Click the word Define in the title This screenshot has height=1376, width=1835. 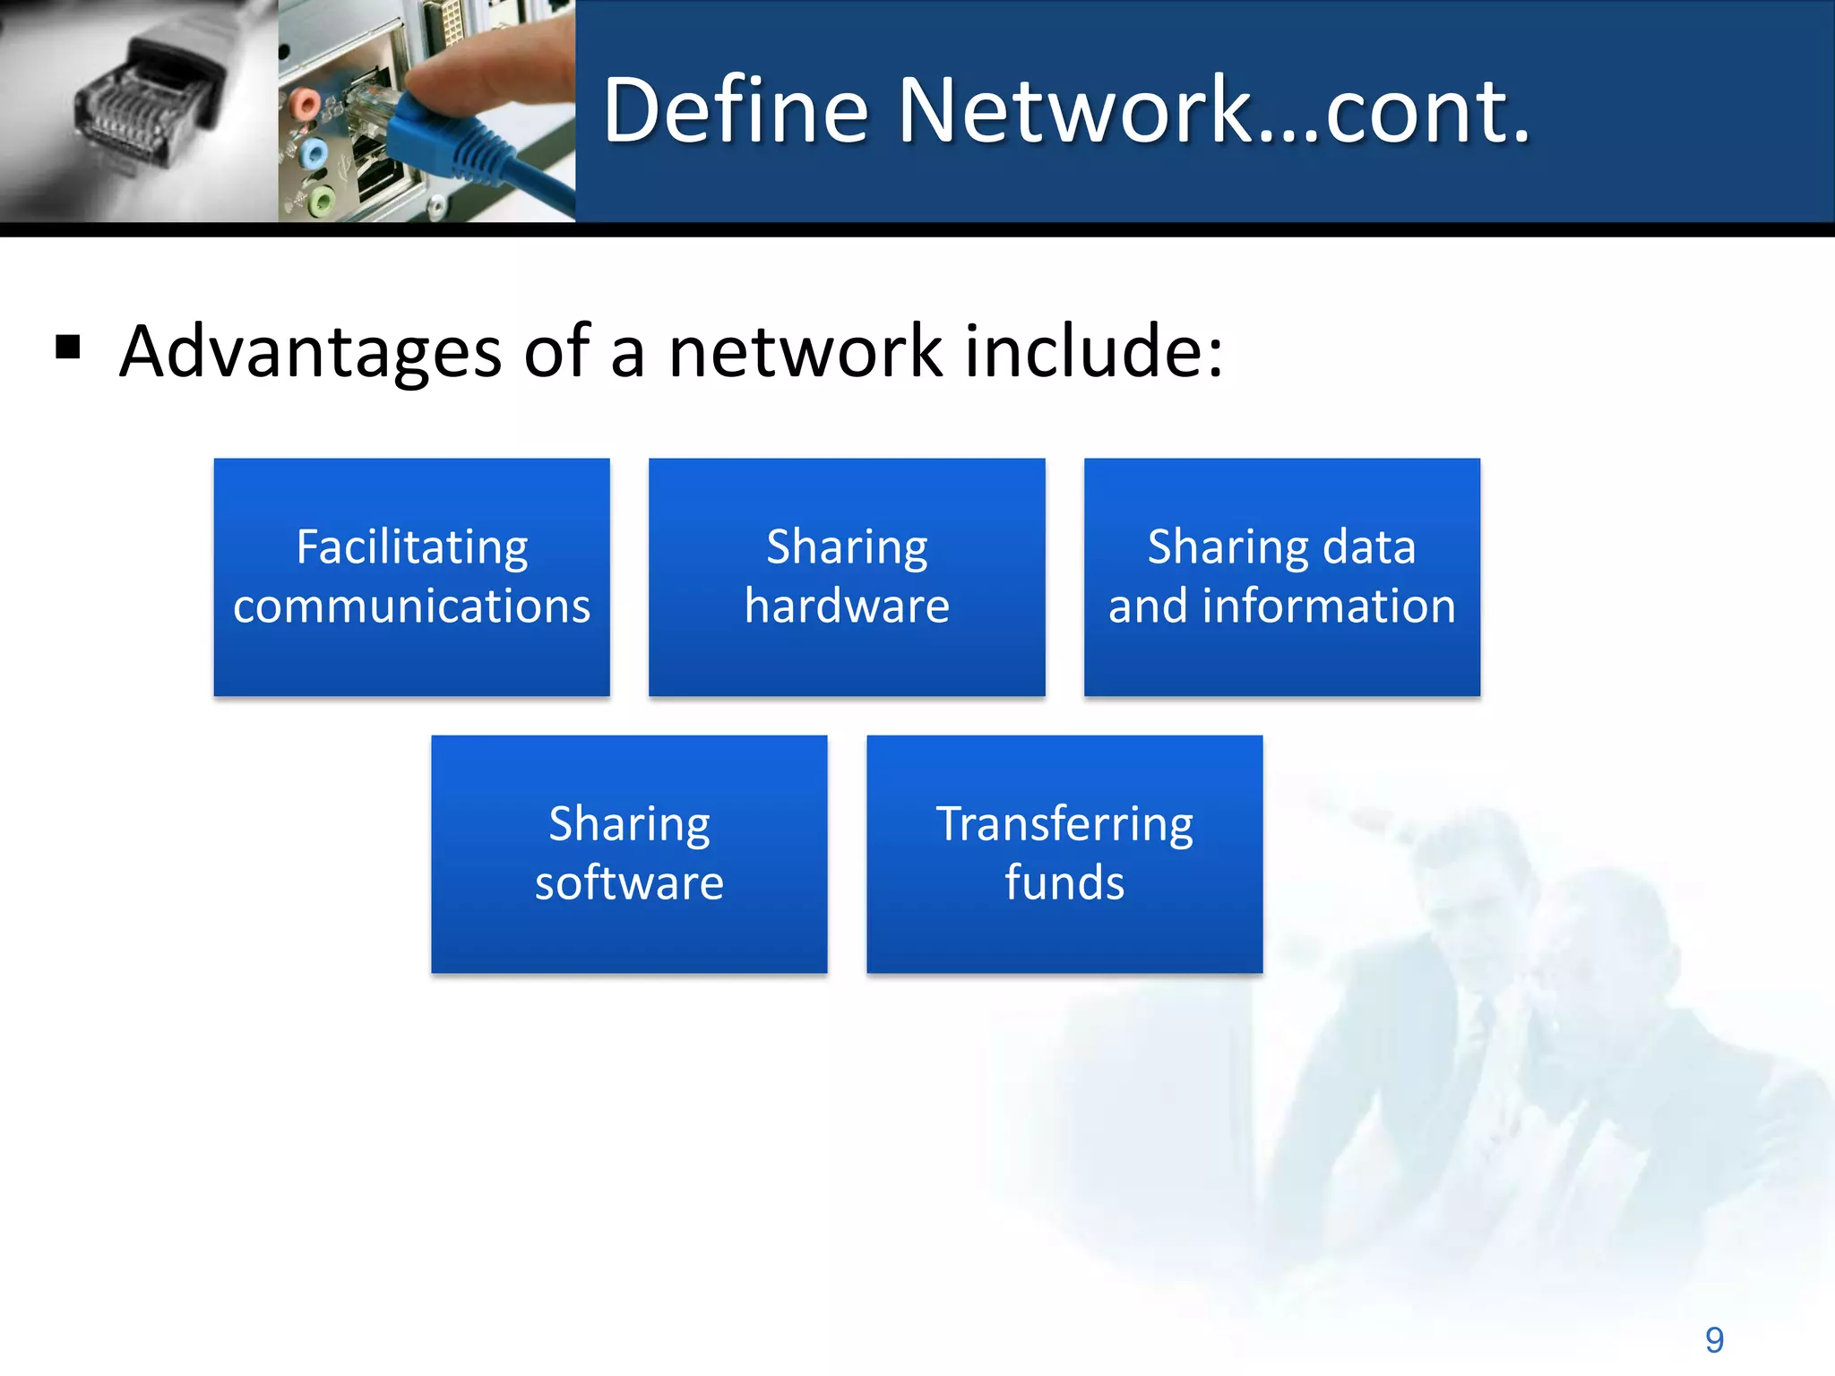(735, 111)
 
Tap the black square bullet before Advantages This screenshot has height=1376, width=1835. (68, 347)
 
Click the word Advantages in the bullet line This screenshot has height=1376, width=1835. (310, 352)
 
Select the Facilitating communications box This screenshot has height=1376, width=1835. (411, 577)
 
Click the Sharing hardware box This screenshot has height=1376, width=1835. (847, 577)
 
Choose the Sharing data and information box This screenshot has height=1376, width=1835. (1281, 577)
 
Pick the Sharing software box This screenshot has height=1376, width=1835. (629, 854)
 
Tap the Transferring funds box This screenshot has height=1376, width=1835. (1064, 854)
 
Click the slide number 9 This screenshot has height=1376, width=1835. (1714, 1340)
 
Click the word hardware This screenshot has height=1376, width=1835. (847, 606)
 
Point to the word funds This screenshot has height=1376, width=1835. (1064, 883)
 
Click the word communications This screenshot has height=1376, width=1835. (411, 606)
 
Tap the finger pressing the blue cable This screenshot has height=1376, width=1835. (502, 72)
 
